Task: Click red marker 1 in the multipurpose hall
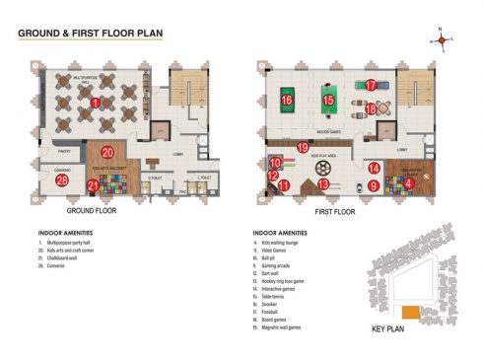[x=96, y=103]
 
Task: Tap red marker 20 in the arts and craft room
[x=107, y=152]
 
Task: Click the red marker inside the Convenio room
[x=61, y=180]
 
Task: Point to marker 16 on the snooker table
[x=287, y=100]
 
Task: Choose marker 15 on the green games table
[x=329, y=100]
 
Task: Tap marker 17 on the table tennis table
[x=372, y=86]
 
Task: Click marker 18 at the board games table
[x=372, y=108]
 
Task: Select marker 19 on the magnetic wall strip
[x=302, y=147]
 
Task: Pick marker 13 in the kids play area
[x=323, y=183]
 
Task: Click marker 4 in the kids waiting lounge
[x=408, y=181]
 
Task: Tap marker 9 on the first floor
[x=374, y=184]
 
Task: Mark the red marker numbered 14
[x=374, y=169]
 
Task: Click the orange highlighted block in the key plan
[x=410, y=312]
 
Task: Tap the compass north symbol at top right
[x=443, y=39]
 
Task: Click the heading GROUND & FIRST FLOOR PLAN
[x=91, y=33]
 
